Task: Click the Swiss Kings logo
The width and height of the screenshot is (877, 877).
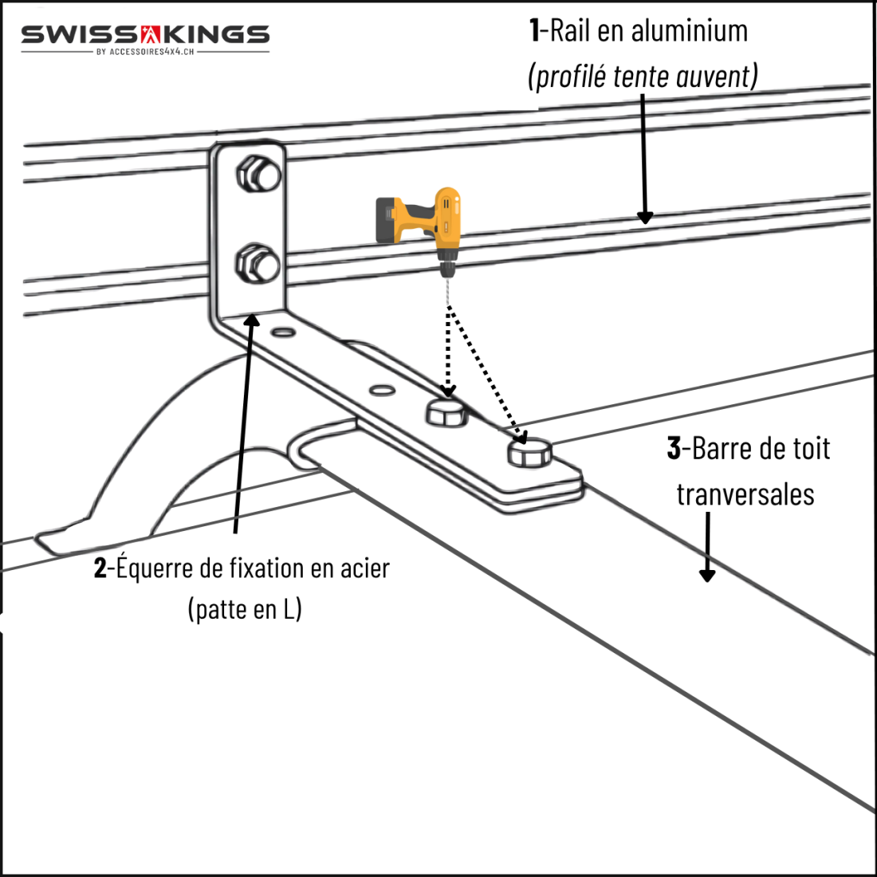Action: [145, 35]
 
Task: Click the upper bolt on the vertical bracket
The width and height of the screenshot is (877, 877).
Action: [258, 175]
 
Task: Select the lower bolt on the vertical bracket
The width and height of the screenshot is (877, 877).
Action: [257, 263]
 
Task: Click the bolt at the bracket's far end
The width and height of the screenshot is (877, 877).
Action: [529, 453]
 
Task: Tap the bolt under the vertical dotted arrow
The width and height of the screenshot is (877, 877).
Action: [446, 413]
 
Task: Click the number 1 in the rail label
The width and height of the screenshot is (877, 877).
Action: [534, 31]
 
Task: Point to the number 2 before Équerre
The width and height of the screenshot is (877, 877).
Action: [100, 568]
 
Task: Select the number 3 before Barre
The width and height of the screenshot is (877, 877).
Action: [674, 449]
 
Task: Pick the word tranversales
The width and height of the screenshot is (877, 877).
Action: [745, 494]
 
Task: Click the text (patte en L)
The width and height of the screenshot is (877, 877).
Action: [245, 610]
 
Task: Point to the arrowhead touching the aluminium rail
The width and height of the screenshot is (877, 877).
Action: [645, 217]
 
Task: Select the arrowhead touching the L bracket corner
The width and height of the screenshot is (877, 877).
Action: [252, 321]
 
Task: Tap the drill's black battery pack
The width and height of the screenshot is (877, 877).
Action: [388, 218]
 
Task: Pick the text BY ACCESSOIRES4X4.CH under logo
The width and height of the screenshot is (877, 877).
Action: [145, 52]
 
